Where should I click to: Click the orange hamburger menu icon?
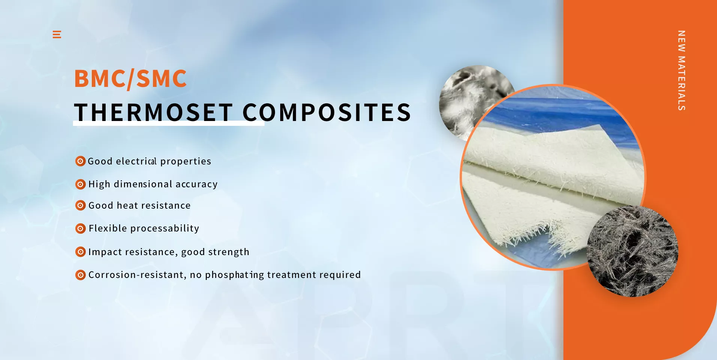(57, 34)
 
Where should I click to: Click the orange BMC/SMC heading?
(130, 79)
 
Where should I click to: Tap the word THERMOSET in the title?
(154, 112)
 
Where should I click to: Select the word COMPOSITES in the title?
(327, 112)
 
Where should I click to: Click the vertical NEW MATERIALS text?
(682, 70)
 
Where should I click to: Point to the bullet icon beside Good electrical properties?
(81, 161)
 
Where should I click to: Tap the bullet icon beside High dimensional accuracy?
(81, 184)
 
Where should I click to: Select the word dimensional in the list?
(143, 184)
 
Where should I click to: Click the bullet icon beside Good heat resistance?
(81, 205)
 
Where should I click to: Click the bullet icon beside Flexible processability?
(81, 229)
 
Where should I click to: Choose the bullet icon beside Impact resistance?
(81, 252)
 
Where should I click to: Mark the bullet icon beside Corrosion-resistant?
(81, 275)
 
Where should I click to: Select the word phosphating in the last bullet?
(235, 275)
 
